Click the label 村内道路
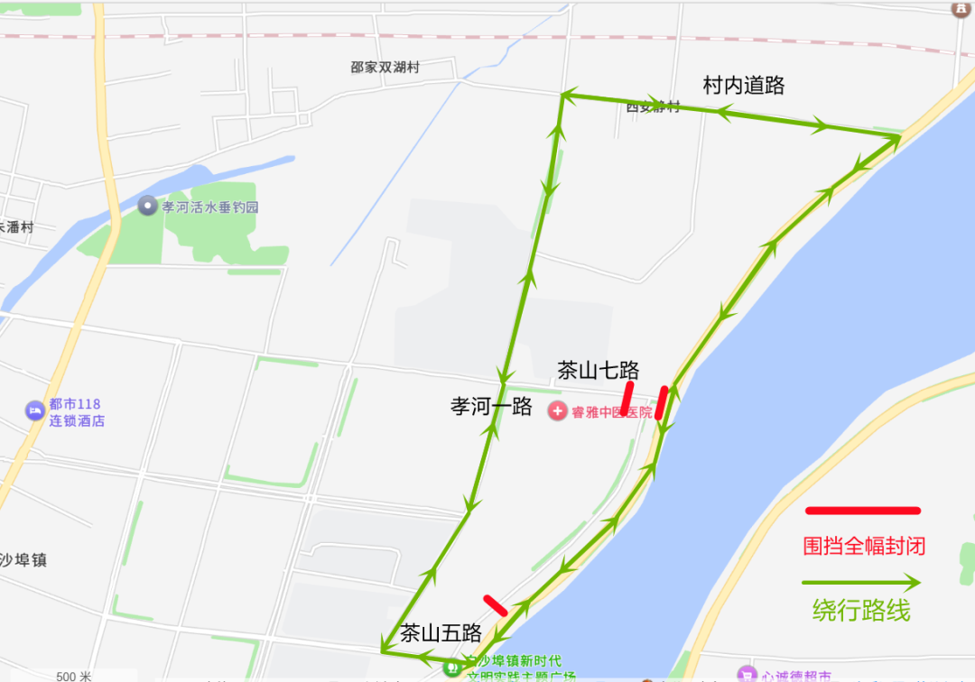[x=744, y=86]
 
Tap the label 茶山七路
[x=598, y=370]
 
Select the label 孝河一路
[x=491, y=406]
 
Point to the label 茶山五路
[x=441, y=632]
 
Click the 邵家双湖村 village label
[x=385, y=67]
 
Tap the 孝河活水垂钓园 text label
[x=210, y=207]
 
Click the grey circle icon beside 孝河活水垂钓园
[x=147, y=206]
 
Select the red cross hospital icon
[x=558, y=411]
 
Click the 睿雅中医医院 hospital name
[x=611, y=412]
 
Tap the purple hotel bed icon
[x=34, y=410]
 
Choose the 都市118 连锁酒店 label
[x=76, y=412]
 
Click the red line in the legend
[x=862, y=511]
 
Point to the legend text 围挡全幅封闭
[x=864, y=546]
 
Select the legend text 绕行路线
[x=860, y=611]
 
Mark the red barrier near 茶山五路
[x=496, y=605]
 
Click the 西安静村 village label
[x=653, y=107]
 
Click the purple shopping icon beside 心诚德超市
[x=746, y=673]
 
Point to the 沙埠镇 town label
[x=23, y=559]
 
